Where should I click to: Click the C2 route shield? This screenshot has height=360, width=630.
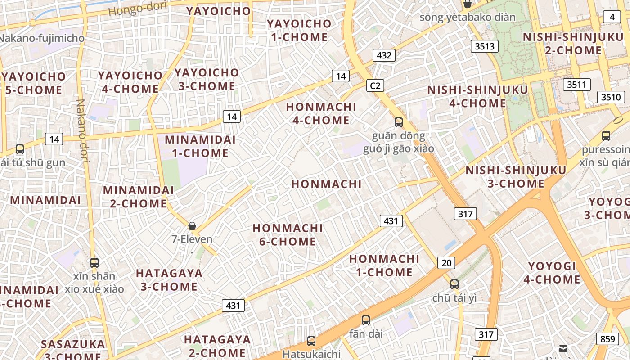(x=375, y=85)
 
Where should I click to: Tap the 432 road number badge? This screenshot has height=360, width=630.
(x=384, y=55)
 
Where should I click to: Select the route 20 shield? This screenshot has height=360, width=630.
(x=446, y=263)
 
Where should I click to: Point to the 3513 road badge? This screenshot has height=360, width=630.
(x=485, y=46)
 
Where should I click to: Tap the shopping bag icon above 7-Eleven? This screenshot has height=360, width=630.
(x=192, y=226)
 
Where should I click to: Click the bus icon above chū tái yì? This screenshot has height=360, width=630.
(x=454, y=284)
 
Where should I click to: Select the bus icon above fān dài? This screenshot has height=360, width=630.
(x=366, y=320)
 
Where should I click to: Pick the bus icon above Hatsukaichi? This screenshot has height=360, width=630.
(x=311, y=341)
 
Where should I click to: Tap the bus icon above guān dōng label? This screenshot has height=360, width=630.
(x=399, y=122)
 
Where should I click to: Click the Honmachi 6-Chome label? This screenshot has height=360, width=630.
(x=288, y=235)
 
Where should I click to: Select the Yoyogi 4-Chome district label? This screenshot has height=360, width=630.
(x=552, y=273)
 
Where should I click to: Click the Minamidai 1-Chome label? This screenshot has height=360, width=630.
(x=200, y=146)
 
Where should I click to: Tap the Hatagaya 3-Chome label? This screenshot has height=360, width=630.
(x=169, y=280)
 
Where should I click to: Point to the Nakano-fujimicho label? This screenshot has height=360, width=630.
(x=41, y=38)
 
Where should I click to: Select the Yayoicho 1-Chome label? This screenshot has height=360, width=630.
(x=299, y=30)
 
